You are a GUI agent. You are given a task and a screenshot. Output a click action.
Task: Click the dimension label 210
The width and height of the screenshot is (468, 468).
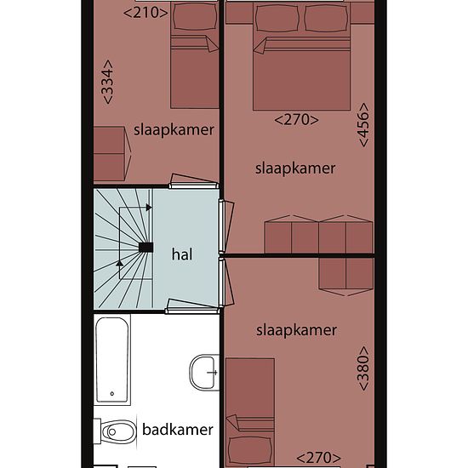coord(146,13)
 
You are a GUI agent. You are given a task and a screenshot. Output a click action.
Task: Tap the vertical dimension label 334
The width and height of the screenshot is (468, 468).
coord(108,82)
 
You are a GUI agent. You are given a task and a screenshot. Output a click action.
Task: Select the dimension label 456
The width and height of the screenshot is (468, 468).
coord(363,125)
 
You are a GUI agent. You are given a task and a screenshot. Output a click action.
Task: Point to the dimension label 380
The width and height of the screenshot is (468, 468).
coord(363,368)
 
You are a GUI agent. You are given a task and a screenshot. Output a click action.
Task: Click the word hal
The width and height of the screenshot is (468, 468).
coord(182,254)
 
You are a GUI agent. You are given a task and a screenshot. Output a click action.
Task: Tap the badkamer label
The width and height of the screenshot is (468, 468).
coord(178,430)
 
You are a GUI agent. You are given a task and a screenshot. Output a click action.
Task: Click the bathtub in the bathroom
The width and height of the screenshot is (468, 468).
coord(112,360)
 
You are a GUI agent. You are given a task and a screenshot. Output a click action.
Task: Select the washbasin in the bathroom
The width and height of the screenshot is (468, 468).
coord(204,372)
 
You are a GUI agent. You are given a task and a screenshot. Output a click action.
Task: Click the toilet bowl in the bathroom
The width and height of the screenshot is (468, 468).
coord(116,431)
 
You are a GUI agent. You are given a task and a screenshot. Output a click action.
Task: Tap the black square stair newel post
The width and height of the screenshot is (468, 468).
coord(146,248)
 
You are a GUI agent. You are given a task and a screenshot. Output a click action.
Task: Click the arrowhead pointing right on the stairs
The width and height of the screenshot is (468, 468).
coord(149,208)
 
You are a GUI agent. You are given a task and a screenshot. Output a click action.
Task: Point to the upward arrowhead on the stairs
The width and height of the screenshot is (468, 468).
coord(119,263)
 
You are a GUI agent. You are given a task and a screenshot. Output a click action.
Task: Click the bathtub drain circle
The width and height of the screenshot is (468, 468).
coord(112,394)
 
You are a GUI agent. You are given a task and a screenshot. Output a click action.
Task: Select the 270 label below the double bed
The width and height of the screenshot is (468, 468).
coord(296,120)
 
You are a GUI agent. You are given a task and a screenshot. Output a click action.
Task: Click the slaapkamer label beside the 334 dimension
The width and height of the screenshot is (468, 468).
coord(174,130)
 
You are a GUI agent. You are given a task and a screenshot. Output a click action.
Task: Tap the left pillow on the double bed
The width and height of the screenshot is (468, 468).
coord(277,18)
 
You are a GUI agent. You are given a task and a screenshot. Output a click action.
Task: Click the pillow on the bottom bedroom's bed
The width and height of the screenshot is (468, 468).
coord(250,450)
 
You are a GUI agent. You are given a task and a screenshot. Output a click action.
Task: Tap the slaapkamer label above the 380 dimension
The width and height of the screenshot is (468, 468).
coord(296,330)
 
